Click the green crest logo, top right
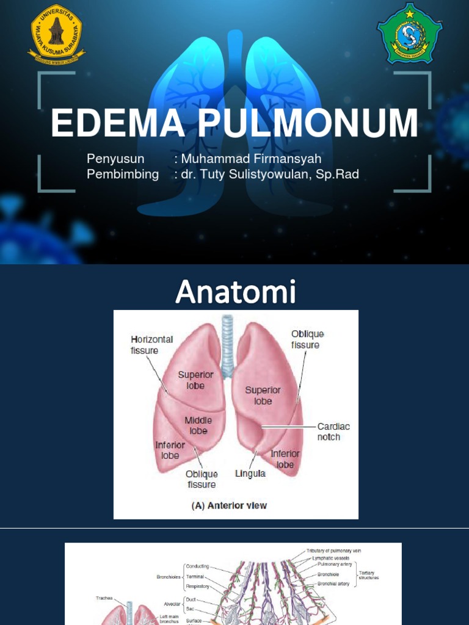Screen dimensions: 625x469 (x=409, y=34)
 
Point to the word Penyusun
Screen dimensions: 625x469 (x=115, y=159)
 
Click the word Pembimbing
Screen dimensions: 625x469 (x=123, y=175)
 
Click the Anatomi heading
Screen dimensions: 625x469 (x=235, y=292)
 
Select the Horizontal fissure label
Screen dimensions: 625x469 (x=151, y=345)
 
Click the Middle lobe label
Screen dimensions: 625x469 (x=198, y=425)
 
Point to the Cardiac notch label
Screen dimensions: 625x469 (x=333, y=432)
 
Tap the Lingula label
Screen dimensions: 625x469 (x=250, y=474)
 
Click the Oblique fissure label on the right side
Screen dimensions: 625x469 (x=307, y=339)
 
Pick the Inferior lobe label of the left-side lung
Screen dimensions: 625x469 (x=170, y=450)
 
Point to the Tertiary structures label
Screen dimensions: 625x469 (x=368, y=575)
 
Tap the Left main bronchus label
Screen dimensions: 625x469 (x=169, y=619)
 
